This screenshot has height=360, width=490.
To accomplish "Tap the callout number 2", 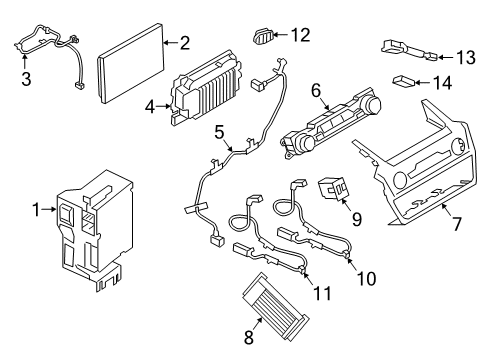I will pyautogui.click(x=184, y=42).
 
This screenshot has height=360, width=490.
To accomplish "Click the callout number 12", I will pyautogui.click(x=299, y=35).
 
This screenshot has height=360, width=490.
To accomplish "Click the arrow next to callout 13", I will pyautogui.click(x=446, y=56).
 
